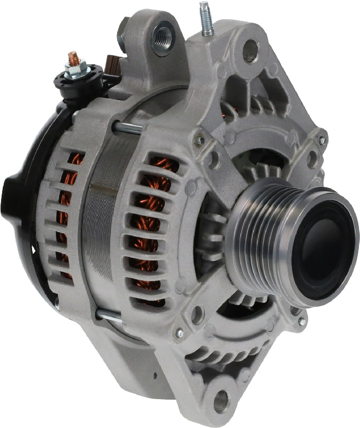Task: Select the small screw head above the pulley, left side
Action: click(200, 140)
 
